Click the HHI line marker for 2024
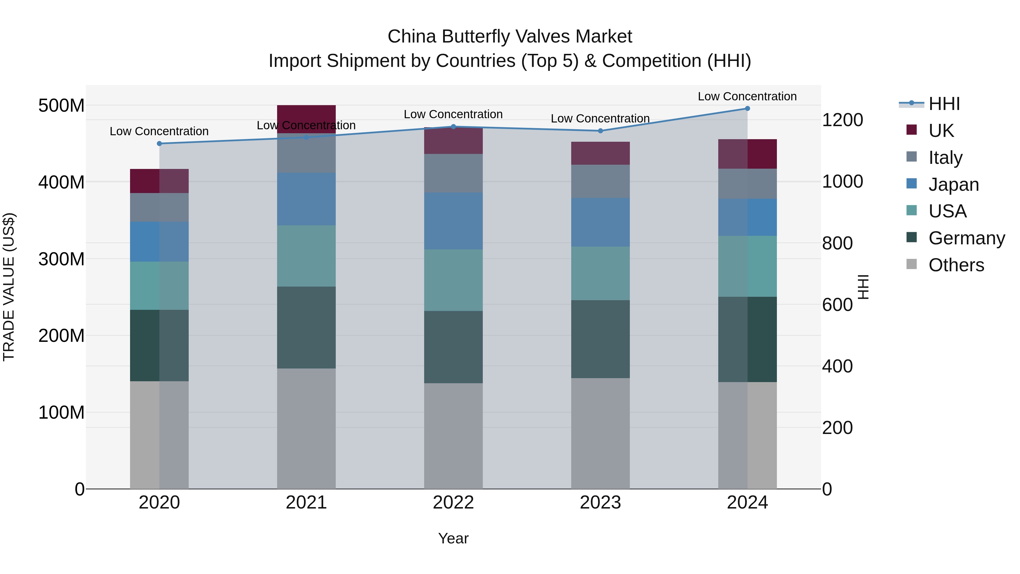[747, 108]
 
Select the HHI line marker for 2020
[159, 143]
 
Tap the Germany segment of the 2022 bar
[453, 347]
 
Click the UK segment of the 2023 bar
[600, 153]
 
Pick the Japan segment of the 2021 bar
[306, 199]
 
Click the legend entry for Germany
[966, 238]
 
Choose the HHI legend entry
[944, 104]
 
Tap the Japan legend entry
[953, 185]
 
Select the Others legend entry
[956, 265]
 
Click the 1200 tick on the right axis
[842, 120]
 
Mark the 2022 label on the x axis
[453, 502]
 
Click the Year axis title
[453, 538]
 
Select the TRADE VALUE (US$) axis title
[9, 287]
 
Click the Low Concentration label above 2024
[747, 96]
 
